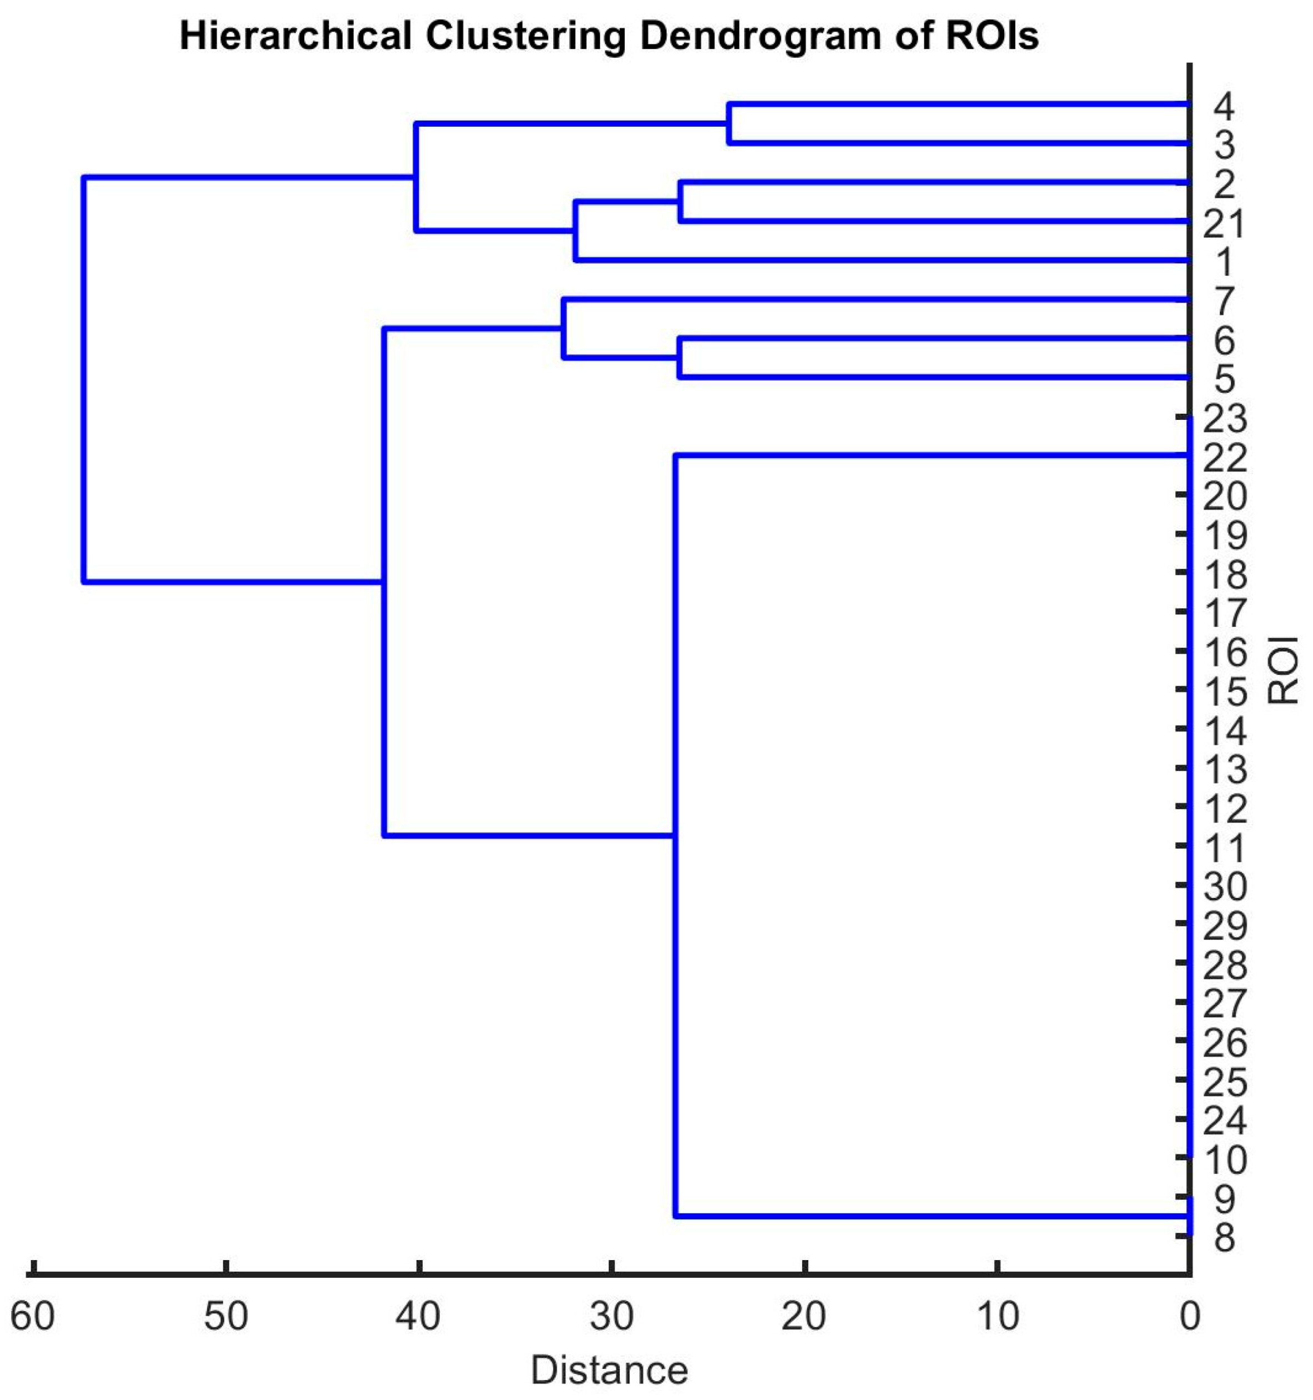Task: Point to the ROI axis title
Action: pos(1282,670)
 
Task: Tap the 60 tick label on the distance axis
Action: pos(32,1315)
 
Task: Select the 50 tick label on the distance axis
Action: pos(225,1315)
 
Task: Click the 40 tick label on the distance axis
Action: pos(418,1315)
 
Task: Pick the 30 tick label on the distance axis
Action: pos(612,1315)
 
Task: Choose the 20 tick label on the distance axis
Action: pos(804,1315)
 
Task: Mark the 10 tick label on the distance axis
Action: pos(998,1315)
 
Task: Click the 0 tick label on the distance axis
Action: pos(1190,1315)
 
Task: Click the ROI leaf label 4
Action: pos(1224,107)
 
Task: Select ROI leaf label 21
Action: pos(1224,224)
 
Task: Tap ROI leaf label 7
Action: pos(1224,302)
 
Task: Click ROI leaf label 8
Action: pos(1224,1237)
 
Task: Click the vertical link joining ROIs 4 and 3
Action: pos(729,124)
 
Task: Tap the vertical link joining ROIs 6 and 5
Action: pos(680,358)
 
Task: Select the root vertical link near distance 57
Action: pos(84,380)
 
